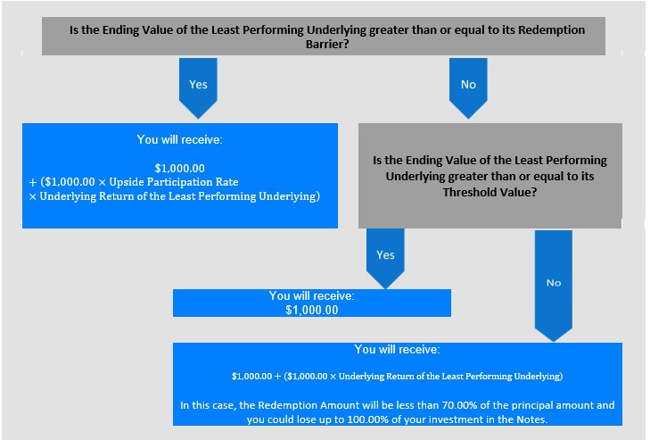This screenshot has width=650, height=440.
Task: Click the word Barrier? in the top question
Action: [327, 44]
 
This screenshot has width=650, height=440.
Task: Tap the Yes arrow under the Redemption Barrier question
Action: [198, 88]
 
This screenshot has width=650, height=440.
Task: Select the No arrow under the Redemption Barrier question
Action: [468, 88]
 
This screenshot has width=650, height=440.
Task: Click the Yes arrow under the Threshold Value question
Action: [385, 258]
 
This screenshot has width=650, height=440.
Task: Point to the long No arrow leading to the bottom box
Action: [554, 286]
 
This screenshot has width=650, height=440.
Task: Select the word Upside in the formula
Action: [126, 182]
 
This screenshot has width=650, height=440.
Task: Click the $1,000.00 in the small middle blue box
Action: [312, 310]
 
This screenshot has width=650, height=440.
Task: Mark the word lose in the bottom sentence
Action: [298, 419]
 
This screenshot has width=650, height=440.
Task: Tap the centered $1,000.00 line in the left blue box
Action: [180, 168]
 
